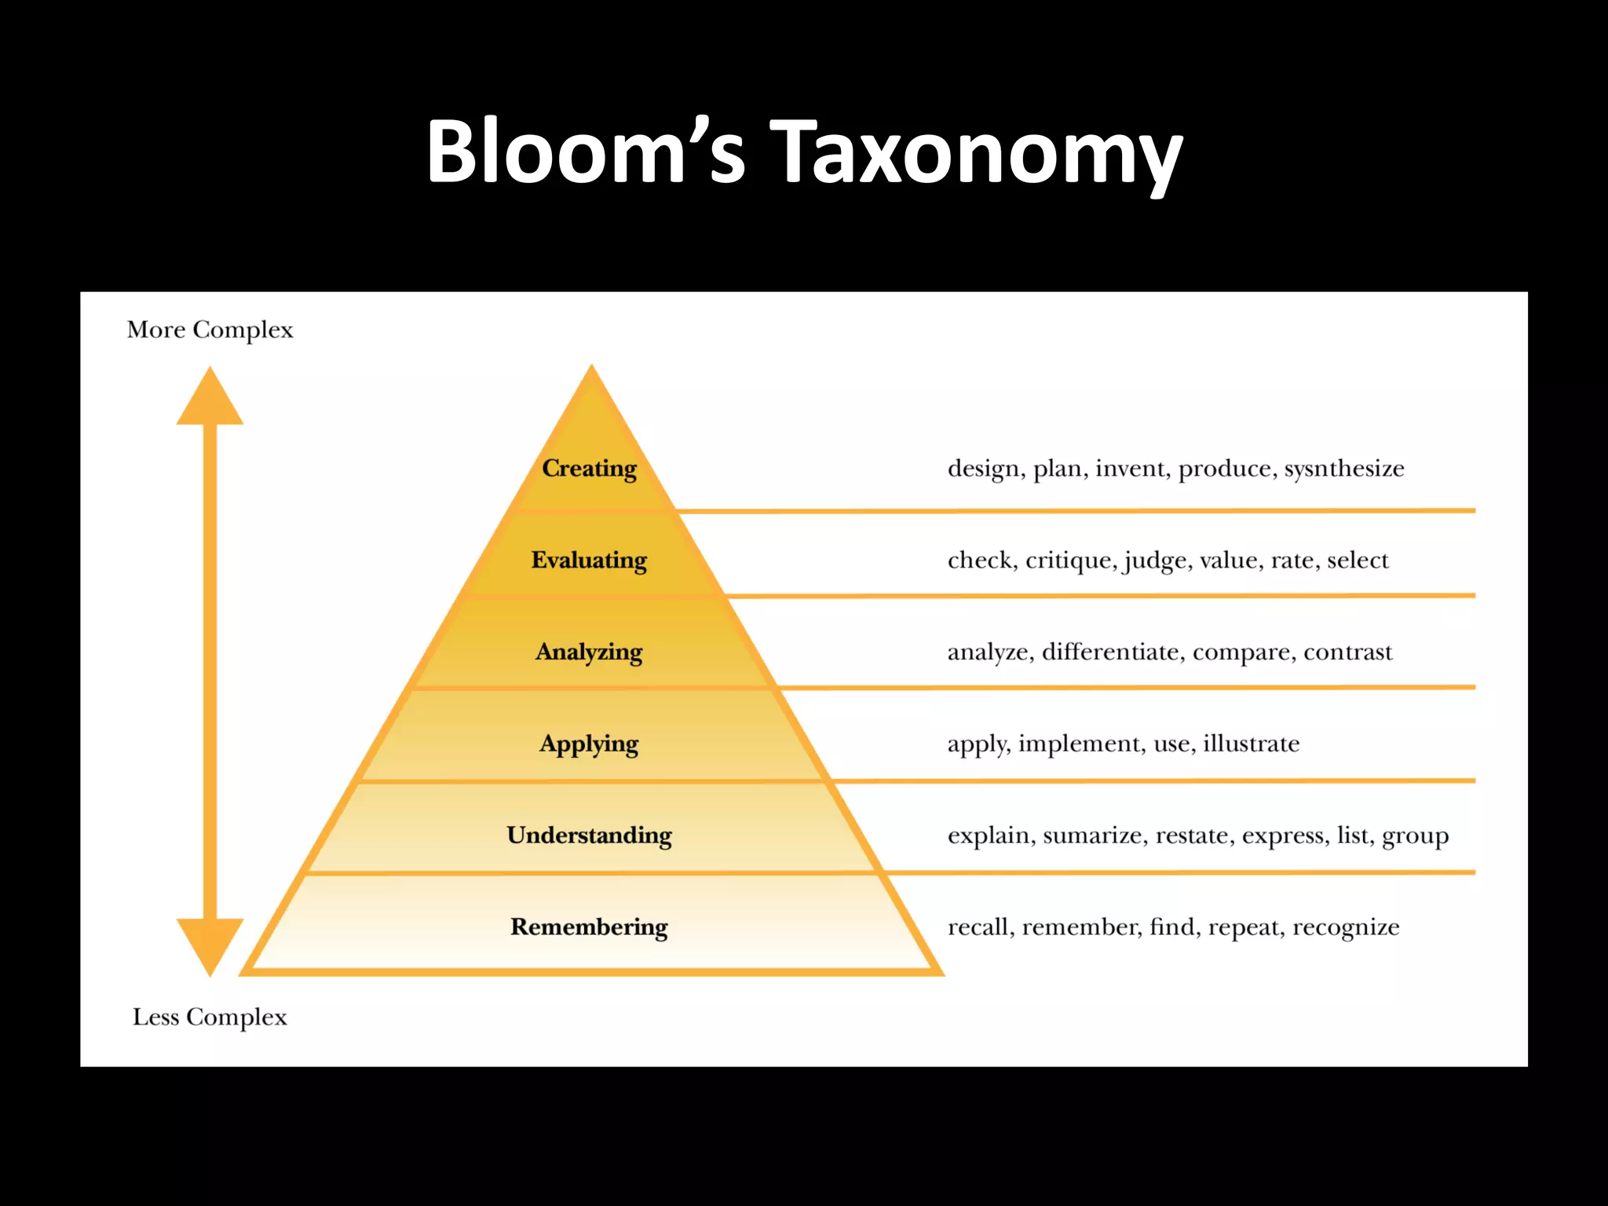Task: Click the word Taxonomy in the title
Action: pos(978,153)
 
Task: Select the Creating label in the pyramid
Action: pos(590,469)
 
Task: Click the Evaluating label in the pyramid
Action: pos(590,561)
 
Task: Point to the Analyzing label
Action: pos(590,652)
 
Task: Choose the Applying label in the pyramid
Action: pos(590,744)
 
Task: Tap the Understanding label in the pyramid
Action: pos(590,835)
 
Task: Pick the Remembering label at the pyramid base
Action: pos(590,927)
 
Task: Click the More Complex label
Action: pos(210,330)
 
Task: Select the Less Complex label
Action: pos(210,1018)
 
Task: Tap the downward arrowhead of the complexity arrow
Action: pos(210,945)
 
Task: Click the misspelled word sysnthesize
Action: pos(1344,469)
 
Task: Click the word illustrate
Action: pos(1251,744)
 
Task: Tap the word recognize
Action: pos(1346,927)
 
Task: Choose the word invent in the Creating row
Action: pos(1131,469)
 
